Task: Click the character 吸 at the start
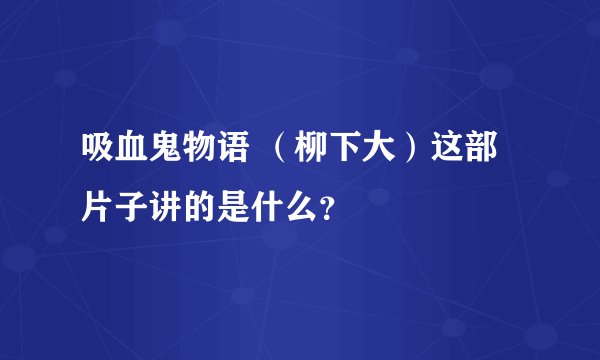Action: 98,157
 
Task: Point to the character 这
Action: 450,157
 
